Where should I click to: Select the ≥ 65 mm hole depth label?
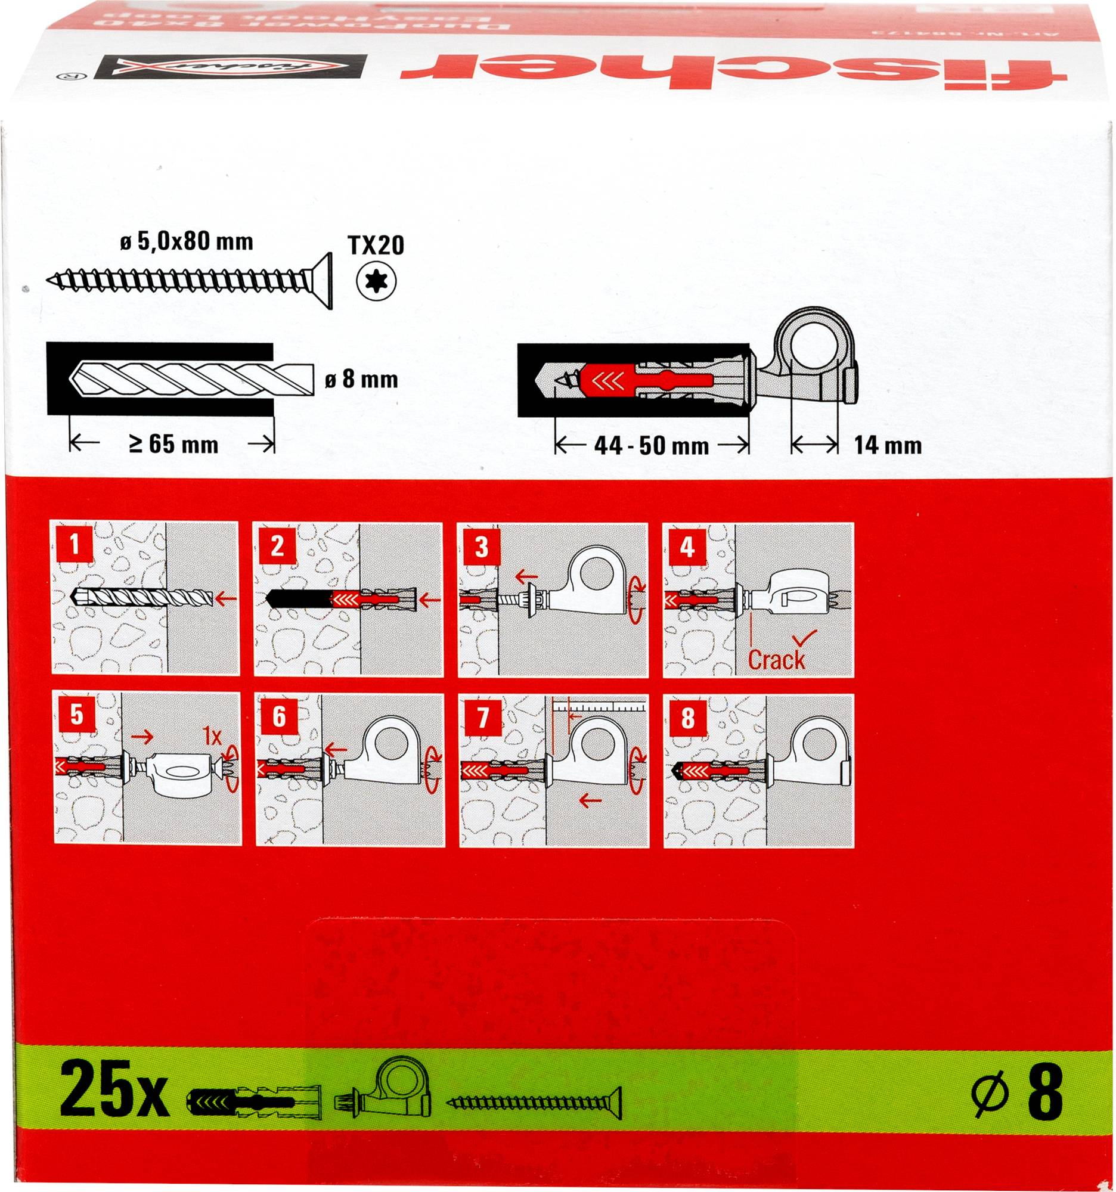click(x=173, y=445)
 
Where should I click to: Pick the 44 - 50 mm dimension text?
click(x=651, y=445)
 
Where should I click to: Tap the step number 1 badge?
click(x=74, y=545)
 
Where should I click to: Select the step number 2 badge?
click(x=277, y=545)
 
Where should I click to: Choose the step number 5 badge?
click(x=76, y=715)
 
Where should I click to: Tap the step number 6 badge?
click(x=279, y=716)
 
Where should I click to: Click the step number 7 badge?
click(x=483, y=718)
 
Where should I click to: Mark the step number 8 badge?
click(x=687, y=718)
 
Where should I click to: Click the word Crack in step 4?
click(x=776, y=660)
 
